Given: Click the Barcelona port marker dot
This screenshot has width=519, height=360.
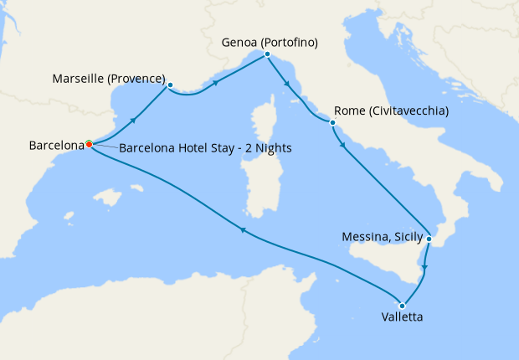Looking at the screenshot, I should pos(89,144).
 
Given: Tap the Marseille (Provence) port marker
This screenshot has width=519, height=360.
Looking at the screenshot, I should pos(170,85).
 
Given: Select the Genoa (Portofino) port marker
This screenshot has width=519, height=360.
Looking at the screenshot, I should pos(266,54).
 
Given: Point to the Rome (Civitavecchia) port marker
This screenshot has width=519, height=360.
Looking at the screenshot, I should pos(332,123).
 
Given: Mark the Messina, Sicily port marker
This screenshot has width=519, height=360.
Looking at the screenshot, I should pos(429,239).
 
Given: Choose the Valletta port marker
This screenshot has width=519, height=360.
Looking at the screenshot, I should pos(403,305).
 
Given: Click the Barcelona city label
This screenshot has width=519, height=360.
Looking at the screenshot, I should pos(56,145).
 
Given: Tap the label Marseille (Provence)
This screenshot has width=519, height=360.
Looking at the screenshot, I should pos(109,80).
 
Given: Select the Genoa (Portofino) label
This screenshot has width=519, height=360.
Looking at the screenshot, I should pos(270,41).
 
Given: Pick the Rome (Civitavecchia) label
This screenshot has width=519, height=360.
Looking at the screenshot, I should pos(391,111).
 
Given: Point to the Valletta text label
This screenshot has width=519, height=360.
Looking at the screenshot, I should pos(401,318).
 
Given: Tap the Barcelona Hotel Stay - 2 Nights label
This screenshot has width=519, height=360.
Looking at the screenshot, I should pos(205,148).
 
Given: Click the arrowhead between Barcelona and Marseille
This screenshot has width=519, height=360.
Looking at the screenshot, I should pos(133,121).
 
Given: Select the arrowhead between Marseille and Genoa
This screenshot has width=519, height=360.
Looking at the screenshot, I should pos(216,83).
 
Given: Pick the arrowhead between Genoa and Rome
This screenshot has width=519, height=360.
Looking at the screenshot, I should pos(286,84).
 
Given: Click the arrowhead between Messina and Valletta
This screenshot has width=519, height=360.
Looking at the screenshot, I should pos(424,268).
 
